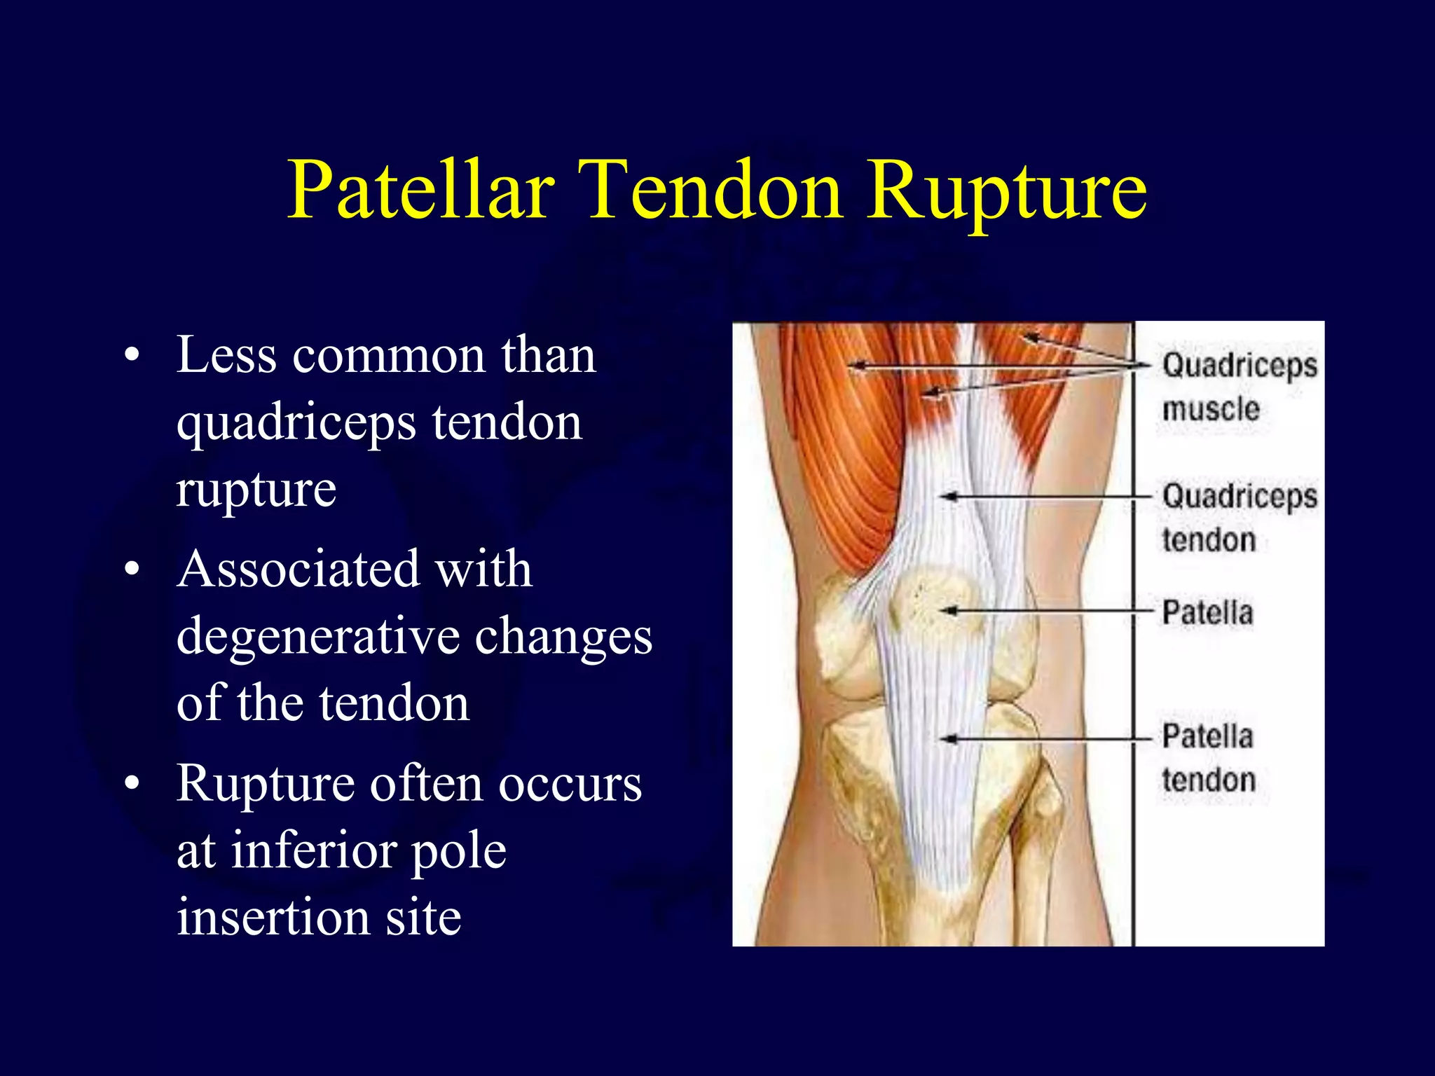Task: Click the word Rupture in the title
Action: pos(1007,191)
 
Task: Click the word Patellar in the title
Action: pos(420,191)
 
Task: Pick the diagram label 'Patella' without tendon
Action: pos(1207,613)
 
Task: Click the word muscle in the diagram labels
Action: pos(1210,409)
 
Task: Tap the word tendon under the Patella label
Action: pos(1208,780)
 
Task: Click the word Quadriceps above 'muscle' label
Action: pos(1239,366)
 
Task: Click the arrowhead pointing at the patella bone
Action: pos(947,612)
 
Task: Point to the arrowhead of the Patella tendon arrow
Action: pos(947,738)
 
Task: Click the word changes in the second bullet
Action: pos(563,637)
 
